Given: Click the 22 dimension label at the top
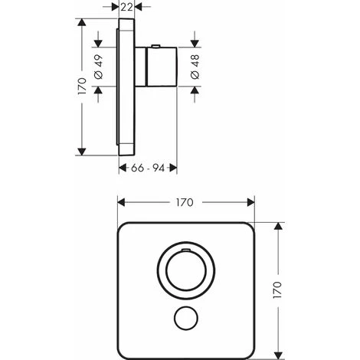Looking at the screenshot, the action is click(x=127, y=7).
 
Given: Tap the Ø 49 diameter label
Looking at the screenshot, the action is click(x=99, y=67).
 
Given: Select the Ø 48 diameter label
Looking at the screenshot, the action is click(x=195, y=67).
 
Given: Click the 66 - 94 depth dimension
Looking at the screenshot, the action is click(x=148, y=168).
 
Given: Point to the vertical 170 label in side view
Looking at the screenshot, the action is click(x=82, y=87).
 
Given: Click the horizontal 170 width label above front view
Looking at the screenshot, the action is click(x=185, y=203).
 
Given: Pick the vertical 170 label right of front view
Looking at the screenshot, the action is click(x=277, y=290).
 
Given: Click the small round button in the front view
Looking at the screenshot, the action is click(x=186, y=318).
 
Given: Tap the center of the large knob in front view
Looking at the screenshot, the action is click(x=186, y=270).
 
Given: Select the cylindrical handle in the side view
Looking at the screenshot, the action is click(x=155, y=67).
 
